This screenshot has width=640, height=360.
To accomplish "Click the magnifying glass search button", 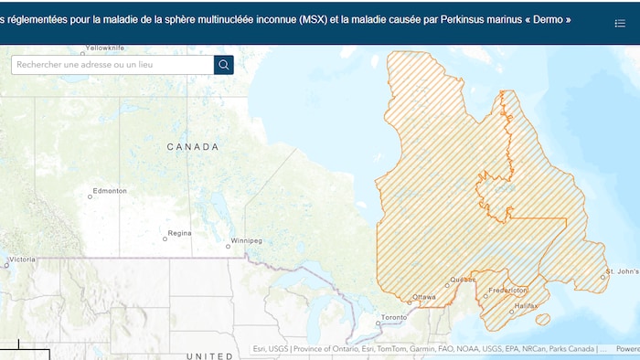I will [224, 65].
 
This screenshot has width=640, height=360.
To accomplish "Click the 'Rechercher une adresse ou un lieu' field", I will [112, 65].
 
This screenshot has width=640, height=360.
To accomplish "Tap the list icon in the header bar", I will [620, 23].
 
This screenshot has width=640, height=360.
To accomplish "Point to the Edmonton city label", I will [110, 190].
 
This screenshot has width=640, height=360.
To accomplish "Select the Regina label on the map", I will [180, 233].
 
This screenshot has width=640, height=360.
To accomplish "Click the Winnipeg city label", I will [247, 240].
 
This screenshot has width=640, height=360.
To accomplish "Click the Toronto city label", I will [394, 317].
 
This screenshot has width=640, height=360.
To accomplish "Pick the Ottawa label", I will [424, 297].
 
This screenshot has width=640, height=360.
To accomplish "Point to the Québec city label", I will [463, 279].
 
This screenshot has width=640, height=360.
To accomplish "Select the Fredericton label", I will [508, 290].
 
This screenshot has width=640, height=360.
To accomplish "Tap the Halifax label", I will [527, 305].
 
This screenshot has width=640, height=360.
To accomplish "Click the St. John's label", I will [622, 272].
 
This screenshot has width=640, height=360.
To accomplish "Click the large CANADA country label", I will [193, 146].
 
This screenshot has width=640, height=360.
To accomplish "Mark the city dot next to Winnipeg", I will [229, 246].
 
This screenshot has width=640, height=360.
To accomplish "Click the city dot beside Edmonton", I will [90, 196].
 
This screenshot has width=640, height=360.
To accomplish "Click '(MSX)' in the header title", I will [315, 19].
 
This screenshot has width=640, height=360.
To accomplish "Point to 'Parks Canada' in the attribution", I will [571, 348].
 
